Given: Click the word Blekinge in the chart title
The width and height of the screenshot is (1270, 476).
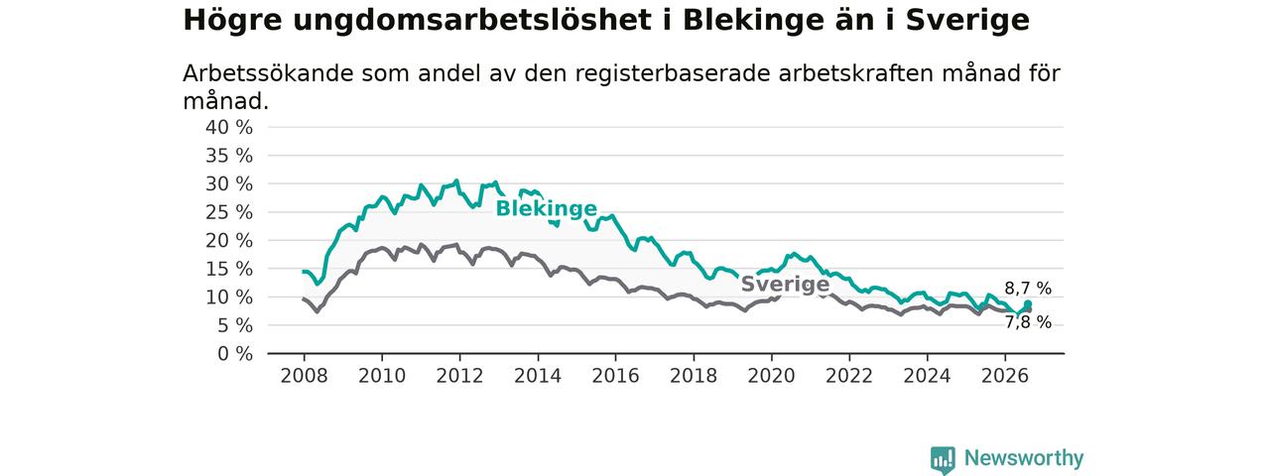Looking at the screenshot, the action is pyautogui.click(x=753, y=21).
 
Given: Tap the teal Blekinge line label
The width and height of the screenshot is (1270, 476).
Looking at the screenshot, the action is pyautogui.click(x=547, y=208).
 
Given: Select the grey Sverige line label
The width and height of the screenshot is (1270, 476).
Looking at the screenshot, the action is pyautogui.click(x=785, y=284).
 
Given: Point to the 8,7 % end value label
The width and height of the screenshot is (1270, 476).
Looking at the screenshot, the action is pyautogui.click(x=1028, y=289).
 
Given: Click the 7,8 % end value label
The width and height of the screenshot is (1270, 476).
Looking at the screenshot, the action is pyautogui.click(x=1028, y=322).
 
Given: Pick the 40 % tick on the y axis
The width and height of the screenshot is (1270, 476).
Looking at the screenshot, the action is pyautogui.click(x=229, y=128).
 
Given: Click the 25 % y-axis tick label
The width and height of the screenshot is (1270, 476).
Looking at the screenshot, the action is pyautogui.click(x=229, y=212).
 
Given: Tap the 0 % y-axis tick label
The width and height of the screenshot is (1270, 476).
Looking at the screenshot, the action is pyautogui.click(x=235, y=354).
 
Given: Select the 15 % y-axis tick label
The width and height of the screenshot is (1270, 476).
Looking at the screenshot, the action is pyautogui.click(x=229, y=269).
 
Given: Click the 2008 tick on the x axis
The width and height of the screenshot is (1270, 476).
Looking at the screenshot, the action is pyautogui.click(x=304, y=376).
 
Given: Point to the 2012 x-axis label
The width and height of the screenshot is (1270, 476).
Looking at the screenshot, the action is pyautogui.click(x=459, y=376).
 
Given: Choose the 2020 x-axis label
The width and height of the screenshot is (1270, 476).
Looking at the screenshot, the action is pyautogui.click(x=771, y=376).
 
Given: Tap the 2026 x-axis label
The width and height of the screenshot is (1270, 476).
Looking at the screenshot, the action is pyautogui.click(x=1005, y=376).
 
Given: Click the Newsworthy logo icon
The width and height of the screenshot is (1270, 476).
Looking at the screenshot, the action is pyautogui.click(x=943, y=459).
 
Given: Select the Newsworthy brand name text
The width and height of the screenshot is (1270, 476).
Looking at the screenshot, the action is pyautogui.click(x=1024, y=458).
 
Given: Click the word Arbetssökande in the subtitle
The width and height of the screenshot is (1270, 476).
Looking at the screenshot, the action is pyautogui.click(x=268, y=73).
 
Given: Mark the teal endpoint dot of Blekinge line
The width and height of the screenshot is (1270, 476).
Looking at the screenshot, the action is pyautogui.click(x=1027, y=304).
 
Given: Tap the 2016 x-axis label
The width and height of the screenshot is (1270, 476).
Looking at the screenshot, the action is pyautogui.click(x=616, y=376).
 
